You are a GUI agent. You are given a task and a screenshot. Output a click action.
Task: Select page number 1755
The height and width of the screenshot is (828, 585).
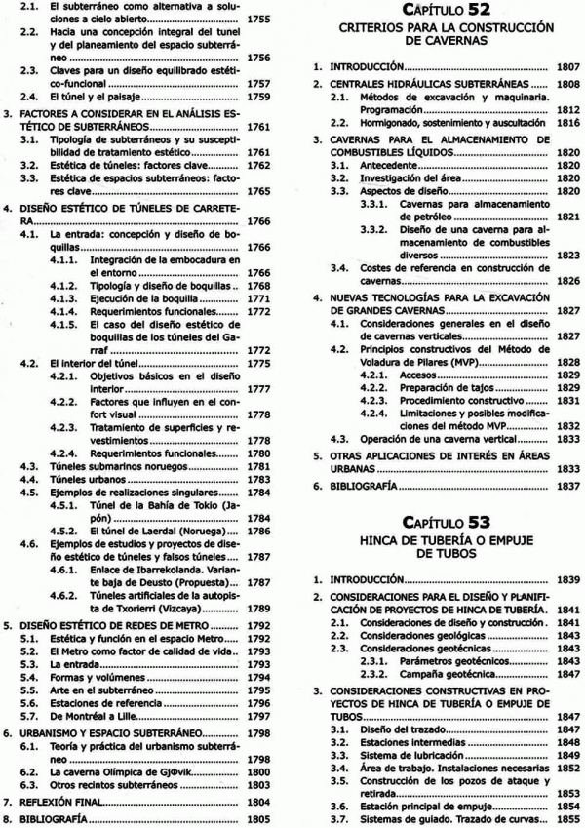coord(258,19)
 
